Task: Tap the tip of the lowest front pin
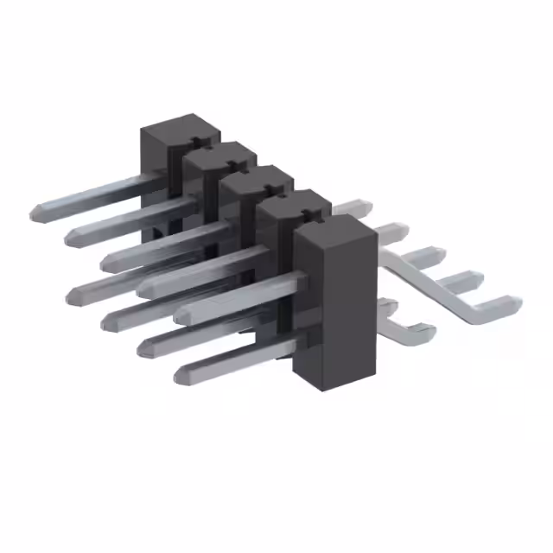point(180,376)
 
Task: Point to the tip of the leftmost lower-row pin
point(71,294)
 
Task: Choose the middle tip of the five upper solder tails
point(436,254)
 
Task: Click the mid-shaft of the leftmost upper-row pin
point(95,195)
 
